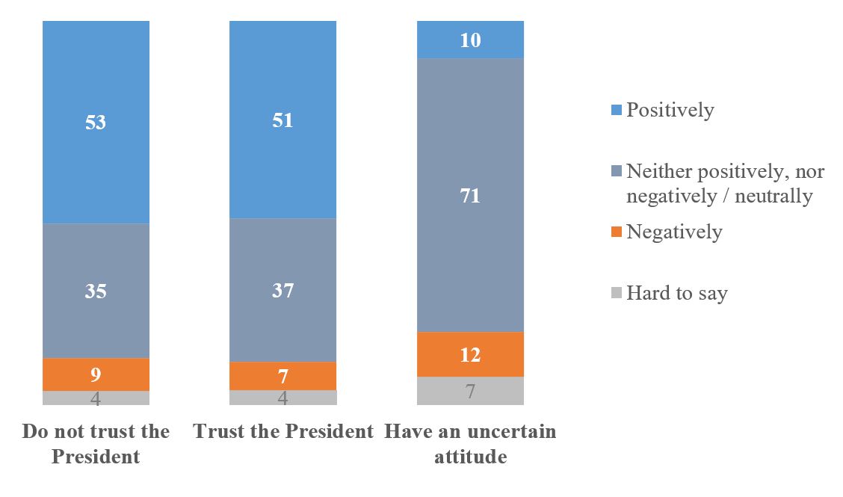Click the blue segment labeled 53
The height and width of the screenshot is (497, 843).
point(96,122)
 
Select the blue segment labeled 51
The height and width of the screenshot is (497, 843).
point(282,120)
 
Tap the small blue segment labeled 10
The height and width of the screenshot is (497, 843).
point(470,40)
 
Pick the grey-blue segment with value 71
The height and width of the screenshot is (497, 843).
point(470,195)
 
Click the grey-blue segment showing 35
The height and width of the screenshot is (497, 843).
point(96,291)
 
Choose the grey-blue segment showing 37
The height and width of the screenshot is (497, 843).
point(282,290)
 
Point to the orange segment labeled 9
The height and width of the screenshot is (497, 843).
point(96,374)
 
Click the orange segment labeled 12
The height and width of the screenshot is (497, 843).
point(470,354)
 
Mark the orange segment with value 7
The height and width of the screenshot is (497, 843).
point(282,376)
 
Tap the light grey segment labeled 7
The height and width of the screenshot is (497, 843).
point(470,391)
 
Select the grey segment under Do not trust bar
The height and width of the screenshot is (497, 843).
point(96,398)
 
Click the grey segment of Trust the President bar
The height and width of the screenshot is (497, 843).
point(282,398)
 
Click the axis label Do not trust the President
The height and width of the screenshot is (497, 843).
point(96,443)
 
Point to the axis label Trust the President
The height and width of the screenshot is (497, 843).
point(282,432)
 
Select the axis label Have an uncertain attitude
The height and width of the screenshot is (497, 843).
point(470,443)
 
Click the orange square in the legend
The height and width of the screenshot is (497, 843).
point(617,232)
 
